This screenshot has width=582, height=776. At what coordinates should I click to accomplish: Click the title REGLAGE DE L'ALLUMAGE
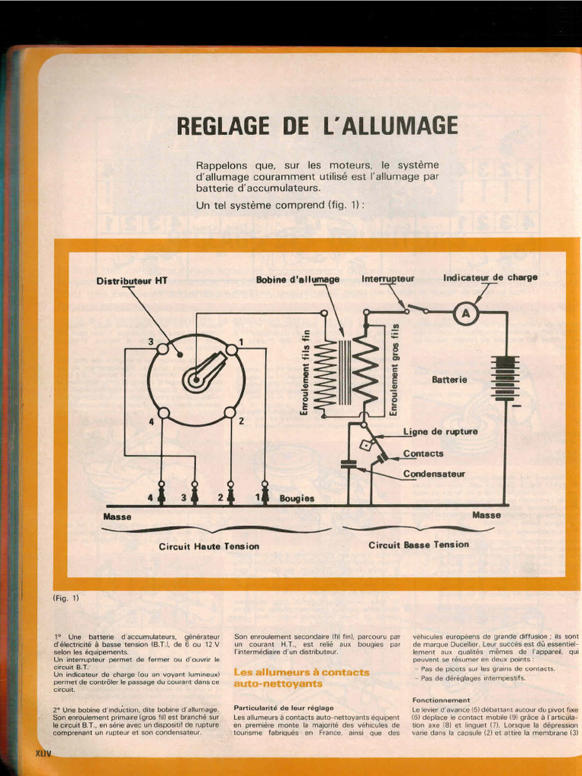[x=317, y=126]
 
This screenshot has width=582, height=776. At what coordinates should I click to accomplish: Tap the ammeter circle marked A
[x=468, y=314]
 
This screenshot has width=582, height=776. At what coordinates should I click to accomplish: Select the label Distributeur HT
[x=132, y=280]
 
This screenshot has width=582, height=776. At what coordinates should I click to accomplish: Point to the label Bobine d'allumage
[x=298, y=279]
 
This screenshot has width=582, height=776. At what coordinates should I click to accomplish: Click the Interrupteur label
[x=388, y=278]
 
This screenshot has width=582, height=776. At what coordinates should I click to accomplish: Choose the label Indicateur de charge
[x=490, y=277]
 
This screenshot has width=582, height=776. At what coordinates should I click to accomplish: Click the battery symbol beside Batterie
[x=504, y=377]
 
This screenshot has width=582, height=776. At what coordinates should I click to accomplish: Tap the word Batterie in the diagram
[x=449, y=379]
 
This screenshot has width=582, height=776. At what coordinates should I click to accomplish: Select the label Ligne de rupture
[x=440, y=431]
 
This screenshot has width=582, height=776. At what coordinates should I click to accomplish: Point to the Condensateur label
[x=433, y=474]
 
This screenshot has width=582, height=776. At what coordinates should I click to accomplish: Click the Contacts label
[x=423, y=453]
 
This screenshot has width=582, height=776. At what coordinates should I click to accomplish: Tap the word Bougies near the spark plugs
[x=296, y=499]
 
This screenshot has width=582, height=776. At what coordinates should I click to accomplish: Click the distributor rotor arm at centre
[x=203, y=374]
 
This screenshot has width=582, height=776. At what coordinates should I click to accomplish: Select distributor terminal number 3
[x=163, y=349]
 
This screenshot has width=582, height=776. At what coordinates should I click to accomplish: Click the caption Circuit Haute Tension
[x=208, y=546]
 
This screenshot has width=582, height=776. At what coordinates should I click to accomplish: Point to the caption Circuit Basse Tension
[x=418, y=544]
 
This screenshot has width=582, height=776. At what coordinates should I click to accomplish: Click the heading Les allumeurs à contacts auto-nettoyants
[x=302, y=677]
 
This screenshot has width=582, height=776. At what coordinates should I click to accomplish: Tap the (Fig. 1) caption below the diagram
[x=66, y=598]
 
